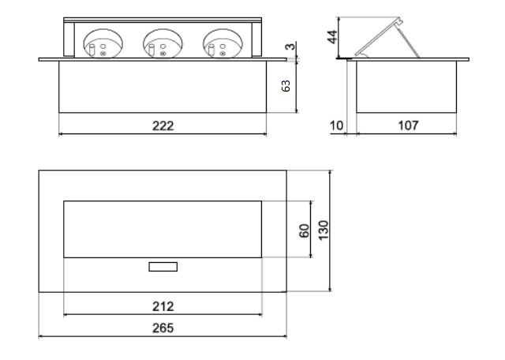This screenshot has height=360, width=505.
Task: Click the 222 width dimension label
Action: click(x=163, y=126)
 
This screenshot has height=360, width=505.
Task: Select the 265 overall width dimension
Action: click(x=163, y=328)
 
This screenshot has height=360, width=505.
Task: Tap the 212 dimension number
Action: click(x=163, y=306)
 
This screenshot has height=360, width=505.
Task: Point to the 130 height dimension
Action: click(x=323, y=230)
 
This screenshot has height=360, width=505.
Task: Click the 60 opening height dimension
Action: click(x=304, y=231)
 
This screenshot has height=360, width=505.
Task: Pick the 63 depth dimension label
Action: click(x=286, y=86)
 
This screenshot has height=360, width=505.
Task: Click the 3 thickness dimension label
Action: click(x=290, y=47)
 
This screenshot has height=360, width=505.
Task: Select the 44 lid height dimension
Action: click(x=332, y=37)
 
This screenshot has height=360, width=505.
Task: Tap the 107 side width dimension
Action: click(x=409, y=126)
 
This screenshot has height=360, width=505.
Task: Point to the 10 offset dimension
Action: click(x=337, y=126)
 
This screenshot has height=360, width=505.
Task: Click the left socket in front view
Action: click(x=103, y=43)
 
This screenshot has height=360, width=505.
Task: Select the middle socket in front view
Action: click(x=163, y=43)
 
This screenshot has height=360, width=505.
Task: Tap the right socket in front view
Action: click(x=223, y=43)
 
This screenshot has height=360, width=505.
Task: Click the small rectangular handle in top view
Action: click(x=163, y=267)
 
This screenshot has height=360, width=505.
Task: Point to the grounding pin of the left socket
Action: click(x=92, y=51)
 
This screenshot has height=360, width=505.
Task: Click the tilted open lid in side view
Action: click(x=379, y=36)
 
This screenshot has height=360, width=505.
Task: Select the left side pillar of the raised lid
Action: click(x=69, y=39)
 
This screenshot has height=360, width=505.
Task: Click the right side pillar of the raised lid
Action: click(x=256, y=39)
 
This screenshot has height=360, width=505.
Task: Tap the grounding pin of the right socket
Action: click(x=211, y=51)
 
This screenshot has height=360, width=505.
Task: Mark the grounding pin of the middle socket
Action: click(x=151, y=51)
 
